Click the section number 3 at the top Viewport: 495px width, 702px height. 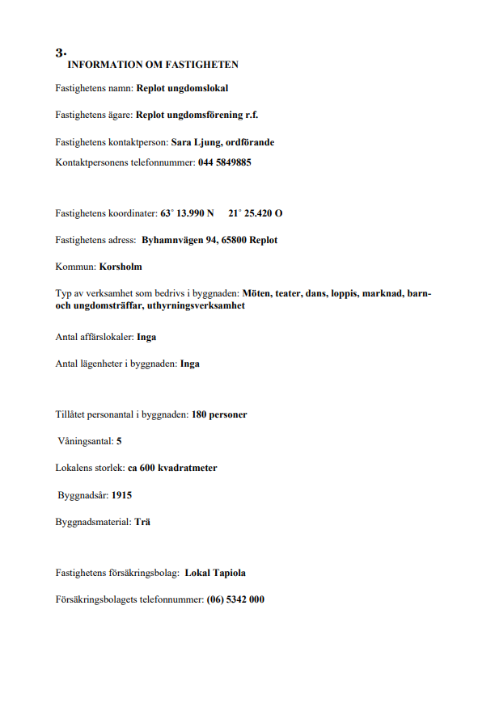pyautogui.click(x=59, y=53)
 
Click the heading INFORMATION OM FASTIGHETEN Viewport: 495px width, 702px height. pyautogui.click(x=153, y=65)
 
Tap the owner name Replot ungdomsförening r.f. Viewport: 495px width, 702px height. pyautogui.click(x=197, y=115)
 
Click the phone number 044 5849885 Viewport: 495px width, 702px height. pyautogui.click(x=225, y=162)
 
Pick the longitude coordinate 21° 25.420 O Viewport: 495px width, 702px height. pyautogui.click(x=256, y=214)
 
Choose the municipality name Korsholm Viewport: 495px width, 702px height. pyautogui.click(x=121, y=266)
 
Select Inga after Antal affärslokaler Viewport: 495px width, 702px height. pyautogui.click(x=146, y=337)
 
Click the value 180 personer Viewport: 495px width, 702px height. pyautogui.click(x=219, y=414)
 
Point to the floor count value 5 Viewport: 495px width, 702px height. pyautogui.click(x=119, y=441)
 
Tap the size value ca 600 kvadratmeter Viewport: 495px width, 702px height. pyautogui.click(x=172, y=468)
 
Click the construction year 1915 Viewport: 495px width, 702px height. pyautogui.click(x=122, y=494)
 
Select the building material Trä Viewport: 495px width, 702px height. pyautogui.click(x=142, y=523)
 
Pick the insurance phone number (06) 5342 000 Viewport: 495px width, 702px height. pyautogui.click(x=235, y=600)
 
